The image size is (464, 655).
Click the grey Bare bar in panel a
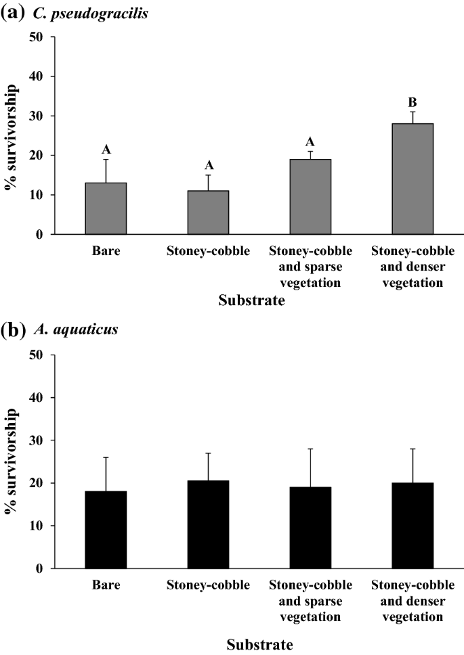point(106,208)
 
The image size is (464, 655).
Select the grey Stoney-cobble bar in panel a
point(208,212)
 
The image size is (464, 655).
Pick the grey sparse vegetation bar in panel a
point(310,196)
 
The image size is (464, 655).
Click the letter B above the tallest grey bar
point(413,103)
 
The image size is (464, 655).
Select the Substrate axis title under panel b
point(259,644)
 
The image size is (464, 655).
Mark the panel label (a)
point(14,12)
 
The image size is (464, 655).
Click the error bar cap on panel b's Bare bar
point(106,457)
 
